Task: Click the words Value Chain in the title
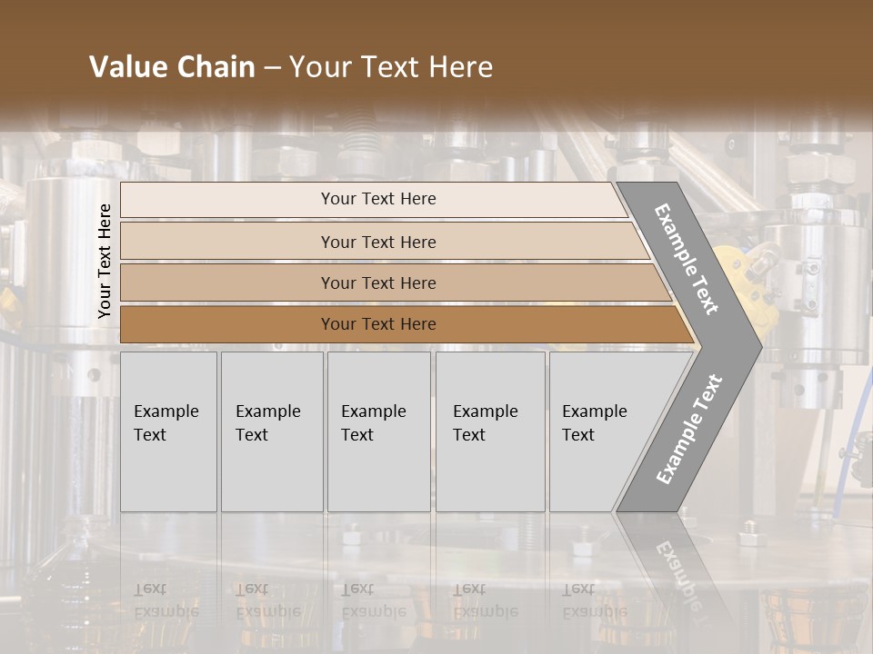point(172,67)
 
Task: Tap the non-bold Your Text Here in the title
point(391,67)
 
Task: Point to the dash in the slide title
point(272,68)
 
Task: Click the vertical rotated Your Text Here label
point(105,261)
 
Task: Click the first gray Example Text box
point(168,431)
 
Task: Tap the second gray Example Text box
point(272,431)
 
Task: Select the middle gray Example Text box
point(378,431)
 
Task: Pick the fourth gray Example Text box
point(490,431)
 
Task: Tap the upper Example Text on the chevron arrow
point(687,259)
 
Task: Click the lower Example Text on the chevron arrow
point(688,429)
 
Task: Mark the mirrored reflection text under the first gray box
point(166,600)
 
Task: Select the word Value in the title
point(124,67)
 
